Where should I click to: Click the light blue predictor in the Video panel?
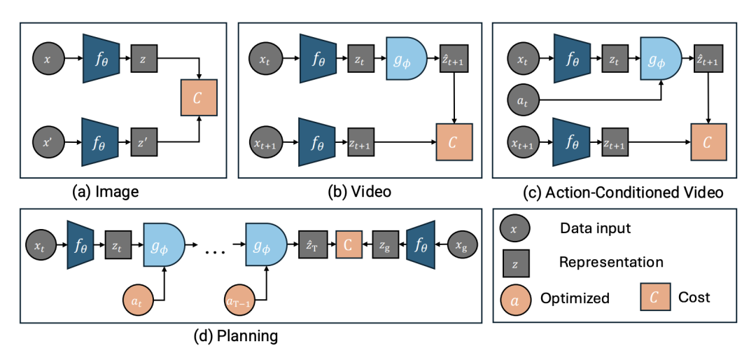(406, 61)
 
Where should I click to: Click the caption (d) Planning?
(235, 336)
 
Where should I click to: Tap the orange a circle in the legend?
(514, 298)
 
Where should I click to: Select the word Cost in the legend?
(694, 298)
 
